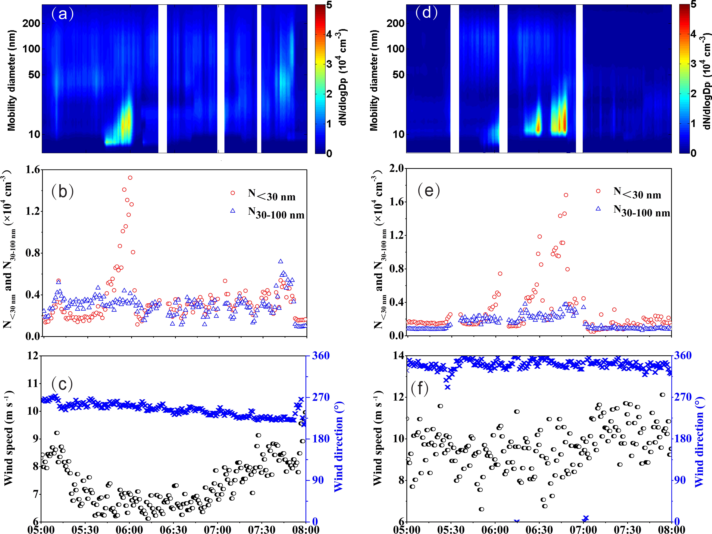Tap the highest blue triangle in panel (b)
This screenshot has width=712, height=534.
(x=281, y=261)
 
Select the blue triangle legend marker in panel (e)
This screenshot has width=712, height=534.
(x=598, y=209)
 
